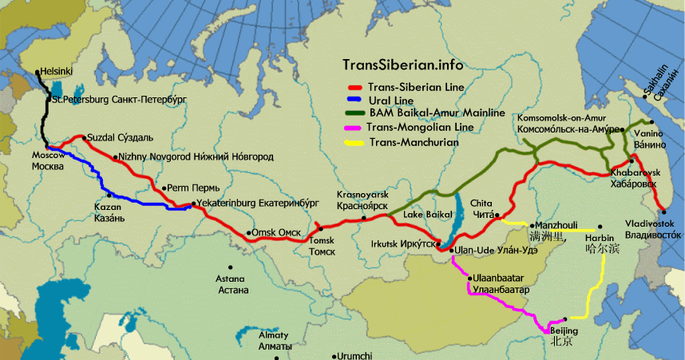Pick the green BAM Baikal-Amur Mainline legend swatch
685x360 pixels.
pyautogui.click(x=354, y=113)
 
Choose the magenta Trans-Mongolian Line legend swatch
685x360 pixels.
pyautogui.click(x=354, y=128)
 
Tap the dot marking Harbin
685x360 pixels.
pyautogui.click(x=600, y=227)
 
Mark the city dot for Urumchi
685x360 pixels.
pyautogui.click(x=335, y=356)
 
